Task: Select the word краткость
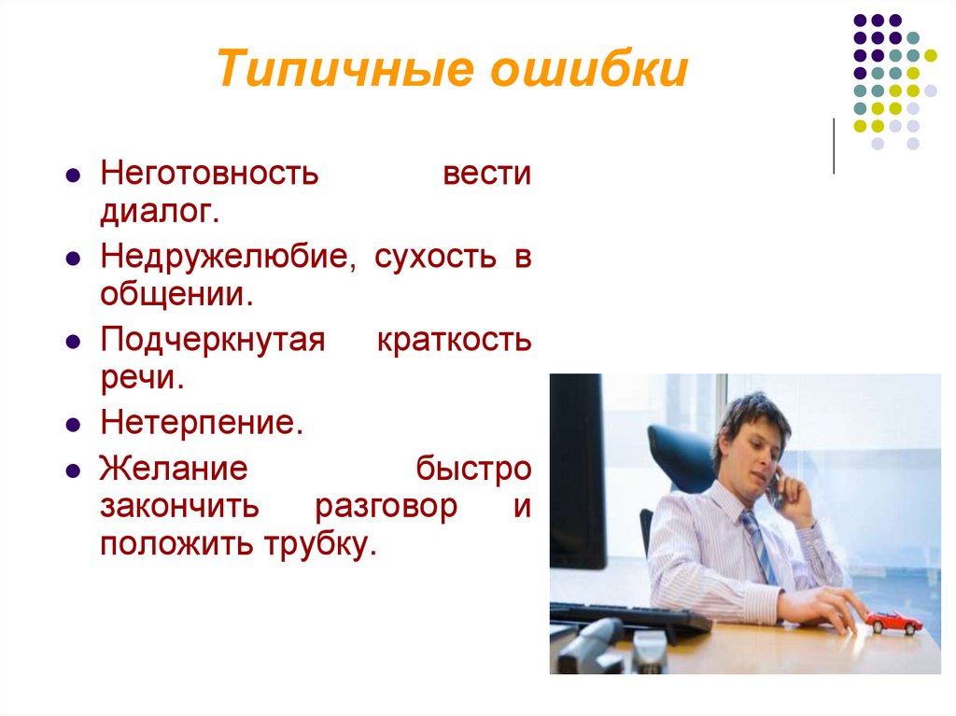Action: (454, 341)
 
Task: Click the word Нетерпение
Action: (203, 424)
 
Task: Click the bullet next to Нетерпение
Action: (73, 426)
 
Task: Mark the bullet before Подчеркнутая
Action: (73, 343)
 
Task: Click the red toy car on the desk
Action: (893, 622)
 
